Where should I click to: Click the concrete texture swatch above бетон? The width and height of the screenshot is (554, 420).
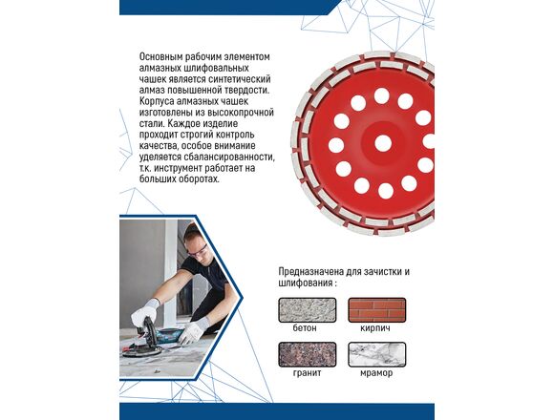pyautogui.click(x=308, y=310)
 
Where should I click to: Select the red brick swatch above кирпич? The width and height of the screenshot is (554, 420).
pyautogui.click(x=377, y=310)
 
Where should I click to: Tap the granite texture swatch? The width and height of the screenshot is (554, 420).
pyautogui.click(x=308, y=354)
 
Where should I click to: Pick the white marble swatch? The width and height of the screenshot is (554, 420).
pyautogui.click(x=377, y=354)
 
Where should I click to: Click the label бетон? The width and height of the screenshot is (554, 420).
pyautogui.click(x=305, y=327)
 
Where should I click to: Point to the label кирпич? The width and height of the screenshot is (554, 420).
pyautogui.click(x=375, y=328)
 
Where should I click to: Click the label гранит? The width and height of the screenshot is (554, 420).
pyautogui.click(x=307, y=373)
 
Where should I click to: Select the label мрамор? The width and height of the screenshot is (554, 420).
pyautogui.click(x=376, y=373)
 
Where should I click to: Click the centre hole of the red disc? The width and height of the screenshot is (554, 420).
pyautogui.click(x=383, y=143)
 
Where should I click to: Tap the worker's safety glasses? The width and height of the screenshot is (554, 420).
pyautogui.click(x=197, y=250)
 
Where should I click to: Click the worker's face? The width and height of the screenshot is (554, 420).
pyautogui.click(x=197, y=249)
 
